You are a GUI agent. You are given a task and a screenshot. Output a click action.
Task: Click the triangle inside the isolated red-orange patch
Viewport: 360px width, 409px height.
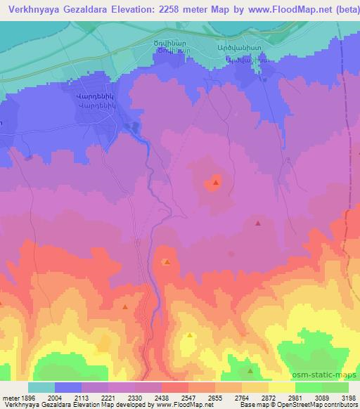(215, 183)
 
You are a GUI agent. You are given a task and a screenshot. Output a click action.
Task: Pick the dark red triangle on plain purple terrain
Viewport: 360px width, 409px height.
(259, 223)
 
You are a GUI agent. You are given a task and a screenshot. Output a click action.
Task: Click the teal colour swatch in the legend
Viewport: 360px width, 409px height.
(41, 387)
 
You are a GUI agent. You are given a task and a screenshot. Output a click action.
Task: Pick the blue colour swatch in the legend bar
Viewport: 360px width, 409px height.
(68, 387)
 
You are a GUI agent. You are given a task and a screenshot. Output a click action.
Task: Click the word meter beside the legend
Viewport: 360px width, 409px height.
(8, 398)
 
